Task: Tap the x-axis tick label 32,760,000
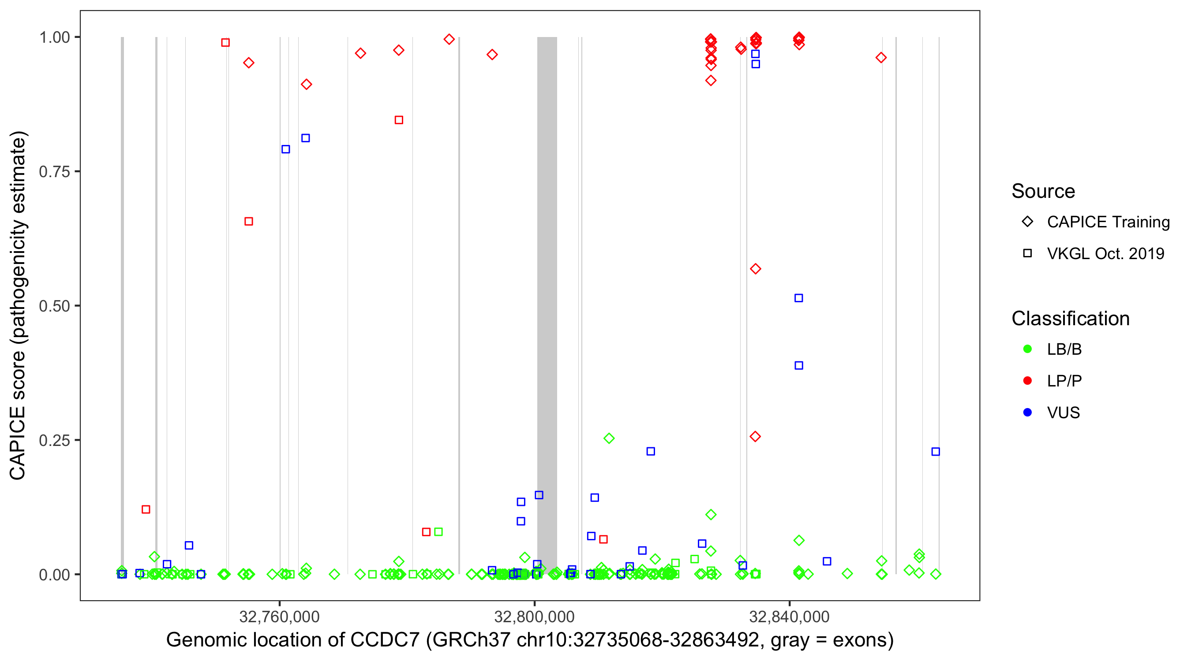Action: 279,616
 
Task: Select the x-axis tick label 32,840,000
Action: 789,616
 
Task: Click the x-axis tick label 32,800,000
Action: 534,616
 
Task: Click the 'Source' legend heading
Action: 1043,191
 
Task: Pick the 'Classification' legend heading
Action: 1070,319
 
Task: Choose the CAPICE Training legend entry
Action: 1108,222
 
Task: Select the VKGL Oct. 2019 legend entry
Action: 1105,253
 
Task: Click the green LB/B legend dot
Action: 1028,349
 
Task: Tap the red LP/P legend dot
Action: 1028,381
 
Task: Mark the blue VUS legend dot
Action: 1028,412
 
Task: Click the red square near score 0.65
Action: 249,222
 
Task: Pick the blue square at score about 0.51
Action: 798,298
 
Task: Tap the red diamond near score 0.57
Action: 756,269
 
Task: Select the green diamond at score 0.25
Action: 609,438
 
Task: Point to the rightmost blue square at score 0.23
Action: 935,452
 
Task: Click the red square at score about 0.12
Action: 146,509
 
